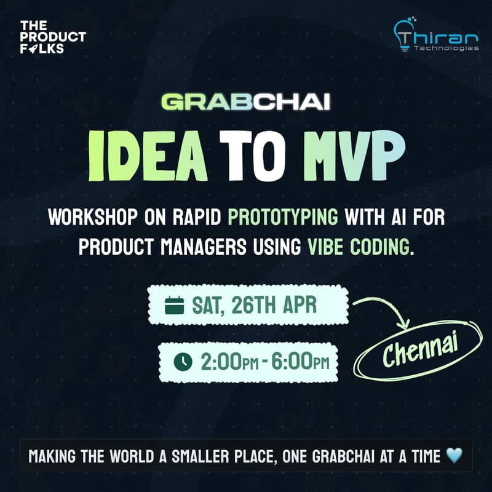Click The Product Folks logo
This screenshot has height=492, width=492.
[52, 36]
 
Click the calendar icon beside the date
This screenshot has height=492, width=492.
[175, 305]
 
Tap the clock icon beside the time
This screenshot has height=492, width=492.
[183, 362]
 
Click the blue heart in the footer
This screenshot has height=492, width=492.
[453, 456]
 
